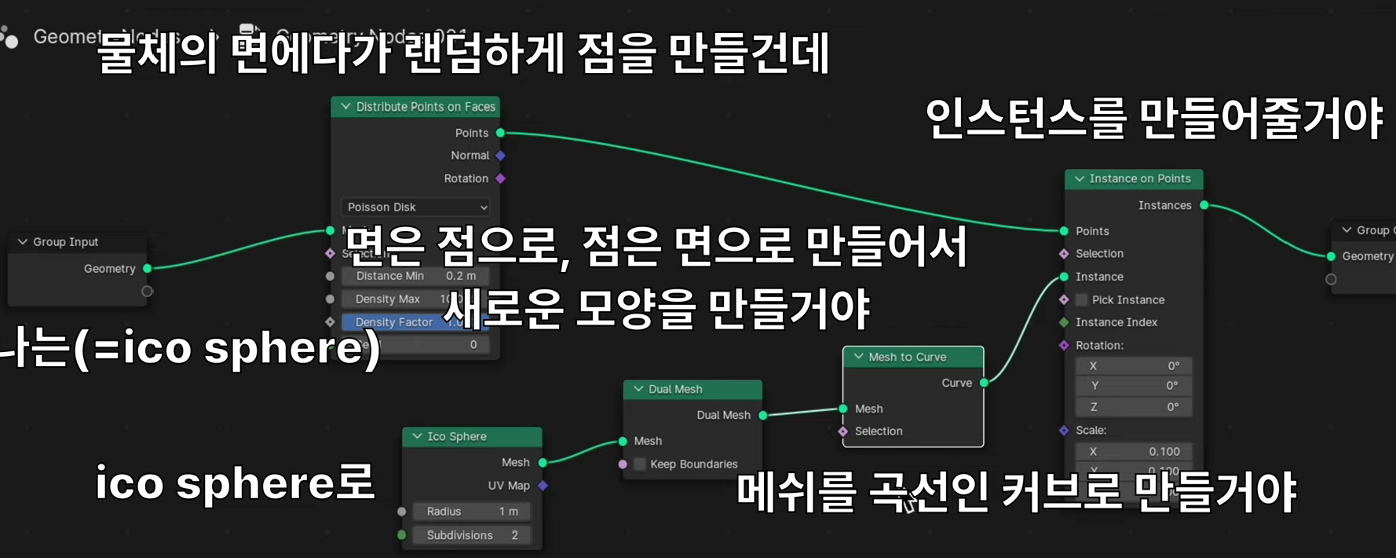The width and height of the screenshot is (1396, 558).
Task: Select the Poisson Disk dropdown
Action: (x=416, y=207)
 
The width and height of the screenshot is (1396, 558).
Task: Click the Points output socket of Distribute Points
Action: (x=500, y=133)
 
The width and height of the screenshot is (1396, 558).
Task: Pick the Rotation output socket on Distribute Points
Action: (x=500, y=178)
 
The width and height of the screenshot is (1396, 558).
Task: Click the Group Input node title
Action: (x=66, y=242)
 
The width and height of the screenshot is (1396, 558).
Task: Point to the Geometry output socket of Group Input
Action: (x=147, y=269)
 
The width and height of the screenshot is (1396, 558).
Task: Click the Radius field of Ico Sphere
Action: (x=471, y=512)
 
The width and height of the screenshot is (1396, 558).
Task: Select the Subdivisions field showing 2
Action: (x=471, y=535)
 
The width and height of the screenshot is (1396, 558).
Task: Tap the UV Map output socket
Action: (x=543, y=486)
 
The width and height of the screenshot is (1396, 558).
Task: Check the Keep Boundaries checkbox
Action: (x=640, y=464)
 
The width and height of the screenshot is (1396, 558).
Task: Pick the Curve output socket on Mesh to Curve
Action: (x=984, y=383)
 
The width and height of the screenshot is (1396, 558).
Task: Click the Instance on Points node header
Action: (x=1139, y=178)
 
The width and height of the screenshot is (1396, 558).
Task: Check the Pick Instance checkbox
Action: (x=1082, y=300)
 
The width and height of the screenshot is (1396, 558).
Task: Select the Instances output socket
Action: (x=1204, y=205)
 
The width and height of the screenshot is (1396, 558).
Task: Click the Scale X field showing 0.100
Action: (x=1134, y=452)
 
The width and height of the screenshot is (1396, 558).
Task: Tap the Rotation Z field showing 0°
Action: (x=1134, y=407)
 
